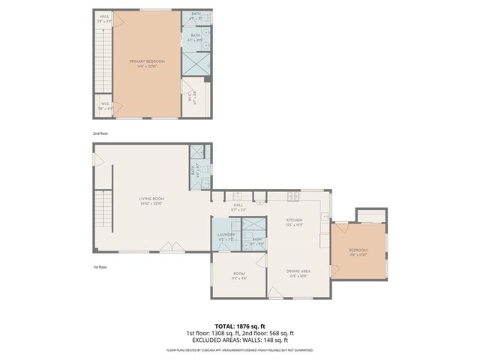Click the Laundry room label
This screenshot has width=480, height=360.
[x=226, y=237]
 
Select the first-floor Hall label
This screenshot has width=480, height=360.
[x=238, y=206]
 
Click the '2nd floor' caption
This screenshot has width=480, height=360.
[x=100, y=133]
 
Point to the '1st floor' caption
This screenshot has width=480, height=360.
[x=100, y=265]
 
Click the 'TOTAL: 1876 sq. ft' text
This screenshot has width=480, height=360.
[x=240, y=326]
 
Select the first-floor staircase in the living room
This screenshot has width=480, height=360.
[x=103, y=214]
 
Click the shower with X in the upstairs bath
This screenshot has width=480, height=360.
[x=194, y=62]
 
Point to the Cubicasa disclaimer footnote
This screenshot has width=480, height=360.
[x=240, y=350]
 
